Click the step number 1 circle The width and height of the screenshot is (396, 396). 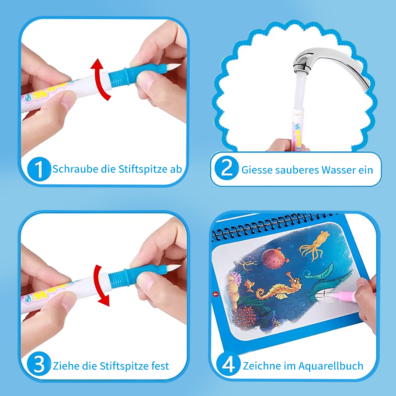39,169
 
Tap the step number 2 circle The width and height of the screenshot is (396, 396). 227,168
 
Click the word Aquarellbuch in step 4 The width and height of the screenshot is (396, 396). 331,366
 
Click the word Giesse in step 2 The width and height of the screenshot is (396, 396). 257,170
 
